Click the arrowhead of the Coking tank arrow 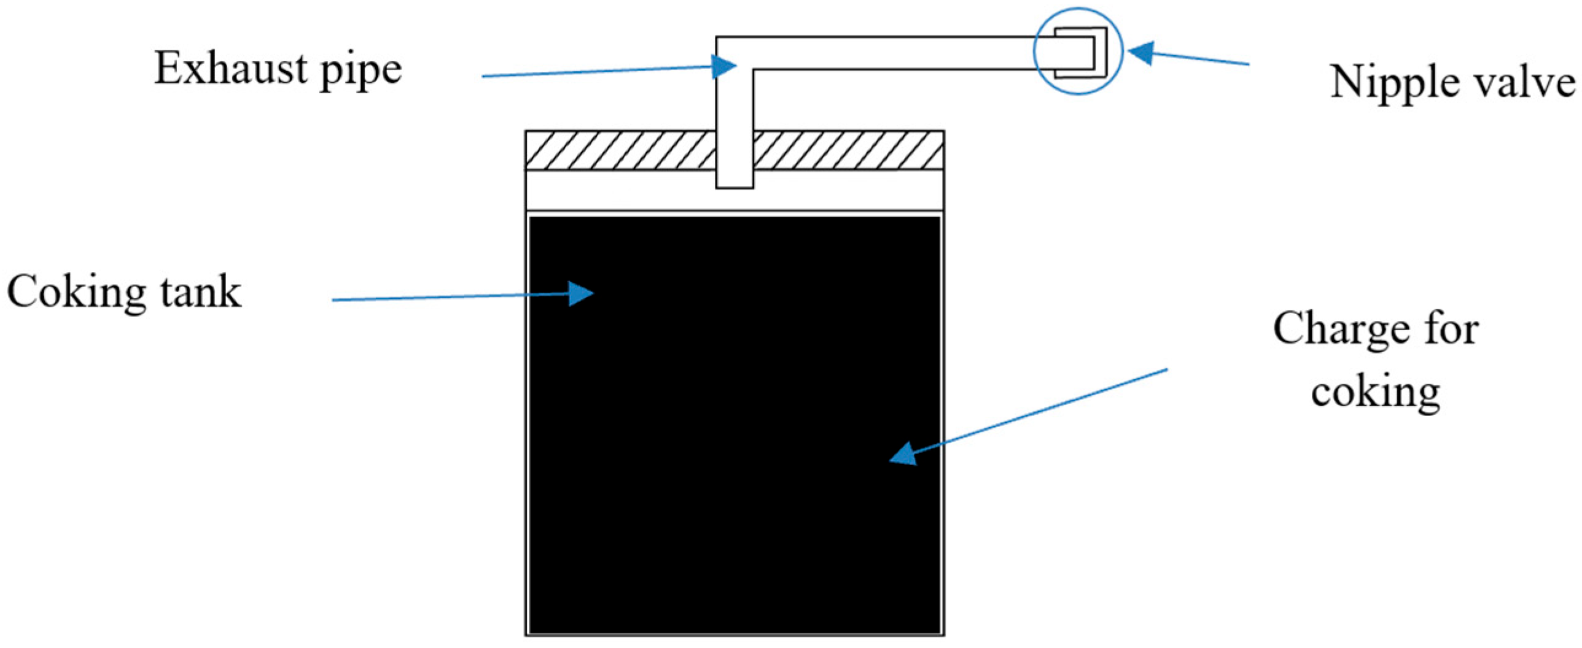point(581,294)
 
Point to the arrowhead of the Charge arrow point(903,454)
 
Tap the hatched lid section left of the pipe point(620,150)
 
